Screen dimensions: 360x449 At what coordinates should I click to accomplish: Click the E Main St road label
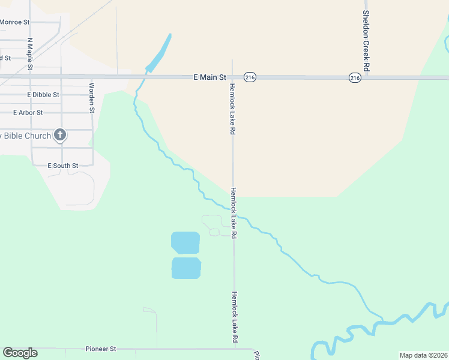point(209,77)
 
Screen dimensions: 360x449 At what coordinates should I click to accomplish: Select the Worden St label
point(92,98)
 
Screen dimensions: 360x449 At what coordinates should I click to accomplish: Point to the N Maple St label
point(29,54)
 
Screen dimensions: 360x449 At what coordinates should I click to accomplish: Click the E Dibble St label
point(43,95)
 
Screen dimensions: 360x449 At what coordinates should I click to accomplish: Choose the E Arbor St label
point(28,112)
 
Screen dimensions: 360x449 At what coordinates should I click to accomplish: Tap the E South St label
point(63,166)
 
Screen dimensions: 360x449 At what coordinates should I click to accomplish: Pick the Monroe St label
point(15,22)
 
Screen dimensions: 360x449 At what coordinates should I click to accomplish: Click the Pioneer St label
point(100,349)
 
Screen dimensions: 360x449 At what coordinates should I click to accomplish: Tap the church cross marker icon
point(60,135)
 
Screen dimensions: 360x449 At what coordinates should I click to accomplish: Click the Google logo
point(20,353)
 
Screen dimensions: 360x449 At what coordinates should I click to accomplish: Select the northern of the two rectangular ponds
point(185,243)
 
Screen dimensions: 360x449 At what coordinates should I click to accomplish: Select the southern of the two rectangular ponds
point(186,268)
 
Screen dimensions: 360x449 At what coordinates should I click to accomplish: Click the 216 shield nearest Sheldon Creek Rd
point(355,78)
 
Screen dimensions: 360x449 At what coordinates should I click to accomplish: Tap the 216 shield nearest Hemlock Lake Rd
point(250,77)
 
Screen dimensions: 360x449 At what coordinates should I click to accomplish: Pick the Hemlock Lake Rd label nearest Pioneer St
point(235,318)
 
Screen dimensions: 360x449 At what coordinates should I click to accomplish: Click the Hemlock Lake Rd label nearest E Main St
point(232,108)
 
